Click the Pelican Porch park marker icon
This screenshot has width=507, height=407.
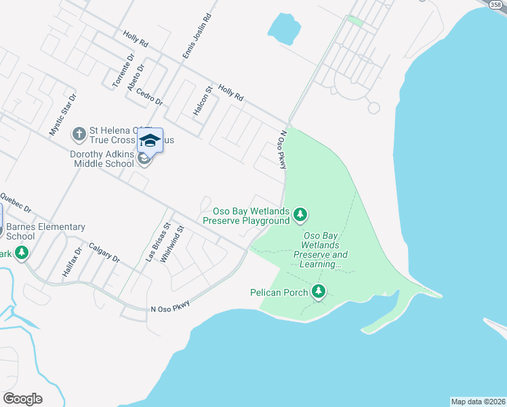pos(319,292)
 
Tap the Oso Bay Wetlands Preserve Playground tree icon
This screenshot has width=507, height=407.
pos(300,216)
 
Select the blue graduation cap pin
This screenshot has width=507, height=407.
pos(150,140)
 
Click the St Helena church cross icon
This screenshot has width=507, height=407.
pos(79,134)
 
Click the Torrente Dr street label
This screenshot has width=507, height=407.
pos(120,73)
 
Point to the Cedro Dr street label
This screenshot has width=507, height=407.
pos(149,96)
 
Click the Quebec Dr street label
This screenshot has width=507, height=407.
pos(16,202)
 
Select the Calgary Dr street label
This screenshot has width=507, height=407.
pos(104,254)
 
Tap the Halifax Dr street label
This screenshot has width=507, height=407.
pos(72,261)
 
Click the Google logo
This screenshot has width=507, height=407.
pos(22,399)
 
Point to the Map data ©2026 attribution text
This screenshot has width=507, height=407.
pos(478,402)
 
